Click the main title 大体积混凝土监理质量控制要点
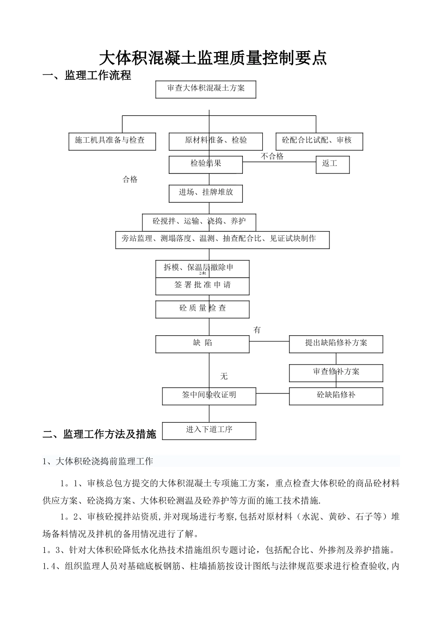(x=213, y=59)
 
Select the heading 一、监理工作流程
(x=87, y=75)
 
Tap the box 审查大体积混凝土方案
(x=206, y=89)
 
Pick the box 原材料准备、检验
(x=215, y=141)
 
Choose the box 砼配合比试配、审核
(x=319, y=141)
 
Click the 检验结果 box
(x=206, y=164)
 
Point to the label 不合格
(x=272, y=156)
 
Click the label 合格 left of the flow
(x=130, y=180)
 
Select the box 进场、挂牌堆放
(x=206, y=193)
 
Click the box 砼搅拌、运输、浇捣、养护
(x=199, y=221)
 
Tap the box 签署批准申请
(x=202, y=286)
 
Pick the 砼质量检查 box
(x=202, y=309)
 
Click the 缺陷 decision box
(x=202, y=344)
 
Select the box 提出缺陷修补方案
(x=336, y=344)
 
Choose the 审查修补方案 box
(x=336, y=372)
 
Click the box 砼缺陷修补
(x=336, y=396)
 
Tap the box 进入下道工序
(x=209, y=430)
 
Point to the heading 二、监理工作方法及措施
(x=100, y=434)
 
